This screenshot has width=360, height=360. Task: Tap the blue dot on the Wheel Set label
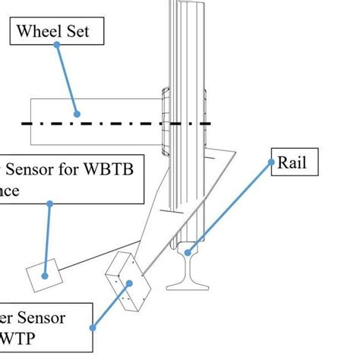(58, 46)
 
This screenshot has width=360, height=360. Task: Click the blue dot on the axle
(77, 114)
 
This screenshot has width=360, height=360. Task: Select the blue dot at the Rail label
(272, 163)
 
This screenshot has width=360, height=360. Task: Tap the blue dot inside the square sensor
(45, 276)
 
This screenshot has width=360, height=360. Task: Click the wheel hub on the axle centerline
(164, 122)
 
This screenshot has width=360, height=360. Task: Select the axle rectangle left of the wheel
(91, 122)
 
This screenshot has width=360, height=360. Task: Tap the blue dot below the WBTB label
(50, 204)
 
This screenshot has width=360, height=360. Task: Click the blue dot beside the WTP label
(93, 327)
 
